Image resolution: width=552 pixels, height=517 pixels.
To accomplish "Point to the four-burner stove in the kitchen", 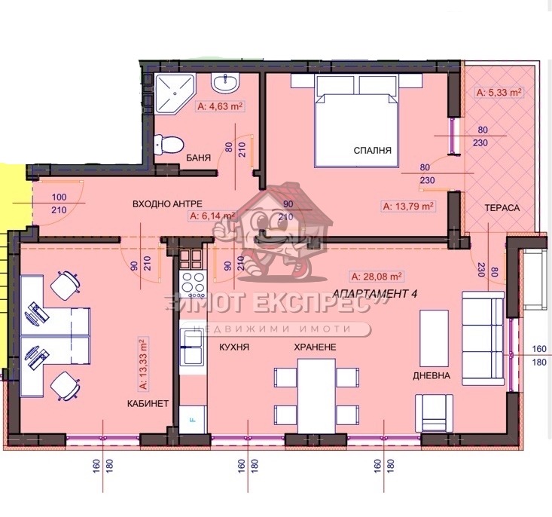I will pos(191,284).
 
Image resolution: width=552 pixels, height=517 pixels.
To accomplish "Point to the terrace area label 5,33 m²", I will pos(500,93).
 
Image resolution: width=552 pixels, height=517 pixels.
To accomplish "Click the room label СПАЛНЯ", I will pos(373,151).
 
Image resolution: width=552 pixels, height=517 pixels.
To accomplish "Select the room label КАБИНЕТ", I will pos(148,404).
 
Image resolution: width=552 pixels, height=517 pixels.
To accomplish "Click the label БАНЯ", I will pos(197,158).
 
